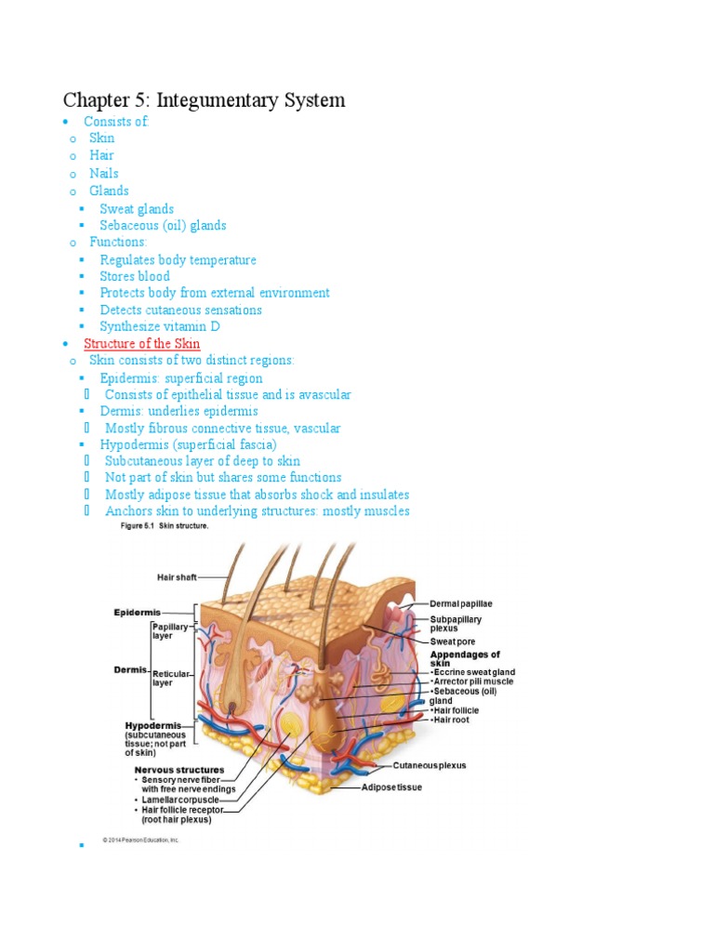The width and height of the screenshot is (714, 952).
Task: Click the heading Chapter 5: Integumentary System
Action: click(x=204, y=99)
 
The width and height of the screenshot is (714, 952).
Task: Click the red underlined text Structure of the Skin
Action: click(x=141, y=344)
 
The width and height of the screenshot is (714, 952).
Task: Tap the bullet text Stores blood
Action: click(x=135, y=276)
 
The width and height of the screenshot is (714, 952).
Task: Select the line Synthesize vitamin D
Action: click(x=160, y=326)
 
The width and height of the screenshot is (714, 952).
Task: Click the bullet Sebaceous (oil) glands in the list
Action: click(x=163, y=225)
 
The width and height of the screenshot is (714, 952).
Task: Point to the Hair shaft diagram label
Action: click(x=177, y=577)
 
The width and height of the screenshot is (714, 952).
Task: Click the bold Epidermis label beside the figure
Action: click(x=137, y=612)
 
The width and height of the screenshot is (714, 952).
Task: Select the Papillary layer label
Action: click(x=170, y=631)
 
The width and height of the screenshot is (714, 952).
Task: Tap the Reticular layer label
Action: click(x=171, y=677)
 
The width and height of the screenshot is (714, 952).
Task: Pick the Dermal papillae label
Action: click(x=461, y=604)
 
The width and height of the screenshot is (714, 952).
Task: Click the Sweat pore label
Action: click(x=453, y=641)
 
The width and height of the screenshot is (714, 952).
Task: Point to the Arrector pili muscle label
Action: click(x=473, y=681)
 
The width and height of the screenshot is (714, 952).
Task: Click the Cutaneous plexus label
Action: click(x=430, y=766)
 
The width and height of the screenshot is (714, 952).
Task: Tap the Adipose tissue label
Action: click(x=391, y=787)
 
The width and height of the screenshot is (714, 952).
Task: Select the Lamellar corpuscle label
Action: click(x=180, y=800)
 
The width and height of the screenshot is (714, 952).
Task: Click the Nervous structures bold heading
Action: click(x=178, y=770)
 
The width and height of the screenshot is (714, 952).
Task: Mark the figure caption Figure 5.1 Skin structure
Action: click(x=165, y=526)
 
